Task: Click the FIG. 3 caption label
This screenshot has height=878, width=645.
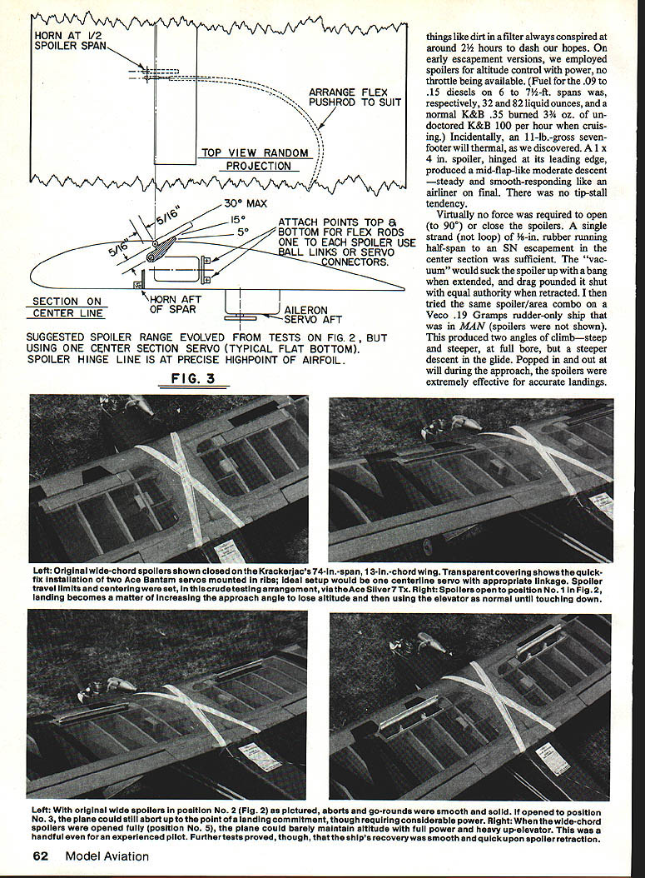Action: (x=193, y=377)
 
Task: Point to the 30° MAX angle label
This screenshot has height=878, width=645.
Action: (x=245, y=203)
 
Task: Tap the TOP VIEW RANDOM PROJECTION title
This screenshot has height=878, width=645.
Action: (x=256, y=159)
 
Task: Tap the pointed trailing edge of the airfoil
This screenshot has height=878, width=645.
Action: (x=402, y=289)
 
